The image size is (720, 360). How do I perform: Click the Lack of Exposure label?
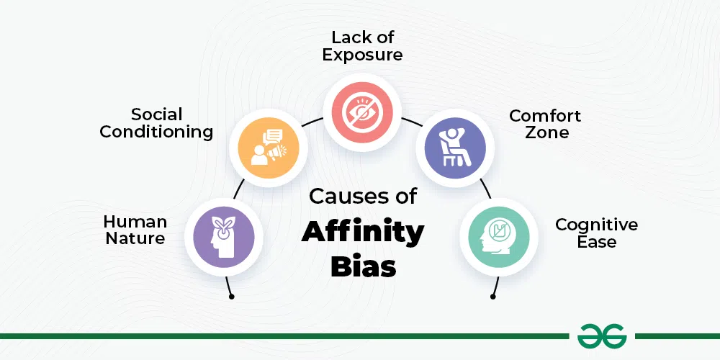pyautogui.click(x=362, y=46)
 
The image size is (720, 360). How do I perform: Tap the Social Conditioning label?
pyautogui.click(x=156, y=123)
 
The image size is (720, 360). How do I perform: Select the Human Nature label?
pyautogui.click(x=135, y=230)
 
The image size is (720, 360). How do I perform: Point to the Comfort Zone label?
pyautogui.click(x=545, y=124)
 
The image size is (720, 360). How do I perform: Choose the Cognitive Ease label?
pyautogui.click(x=596, y=233)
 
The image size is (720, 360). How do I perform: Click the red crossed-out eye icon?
pyautogui.click(x=362, y=112)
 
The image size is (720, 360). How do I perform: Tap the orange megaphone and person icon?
pyautogui.click(x=269, y=148)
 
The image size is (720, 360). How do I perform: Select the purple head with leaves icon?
pyautogui.click(x=224, y=237)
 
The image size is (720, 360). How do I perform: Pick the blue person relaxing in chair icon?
pyautogui.click(x=455, y=148)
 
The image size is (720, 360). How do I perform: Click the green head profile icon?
pyautogui.click(x=499, y=237)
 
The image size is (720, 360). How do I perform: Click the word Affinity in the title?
pyautogui.click(x=363, y=233)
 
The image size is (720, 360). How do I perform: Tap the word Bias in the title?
pyautogui.click(x=363, y=266)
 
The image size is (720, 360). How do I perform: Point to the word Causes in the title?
pyautogui.click(x=343, y=196)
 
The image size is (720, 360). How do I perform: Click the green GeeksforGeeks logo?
pyautogui.click(x=602, y=336)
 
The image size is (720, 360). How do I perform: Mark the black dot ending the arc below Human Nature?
pyautogui.click(x=231, y=297)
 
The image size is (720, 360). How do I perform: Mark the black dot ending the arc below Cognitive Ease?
pyautogui.click(x=492, y=297)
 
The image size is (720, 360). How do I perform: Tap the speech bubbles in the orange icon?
pyautogui.click(x=272, y=136)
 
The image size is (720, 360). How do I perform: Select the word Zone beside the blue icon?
pyautogui.click(x=547, y=132)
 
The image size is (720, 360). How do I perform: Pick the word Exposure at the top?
pyautogui.click(x=362, y=55)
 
